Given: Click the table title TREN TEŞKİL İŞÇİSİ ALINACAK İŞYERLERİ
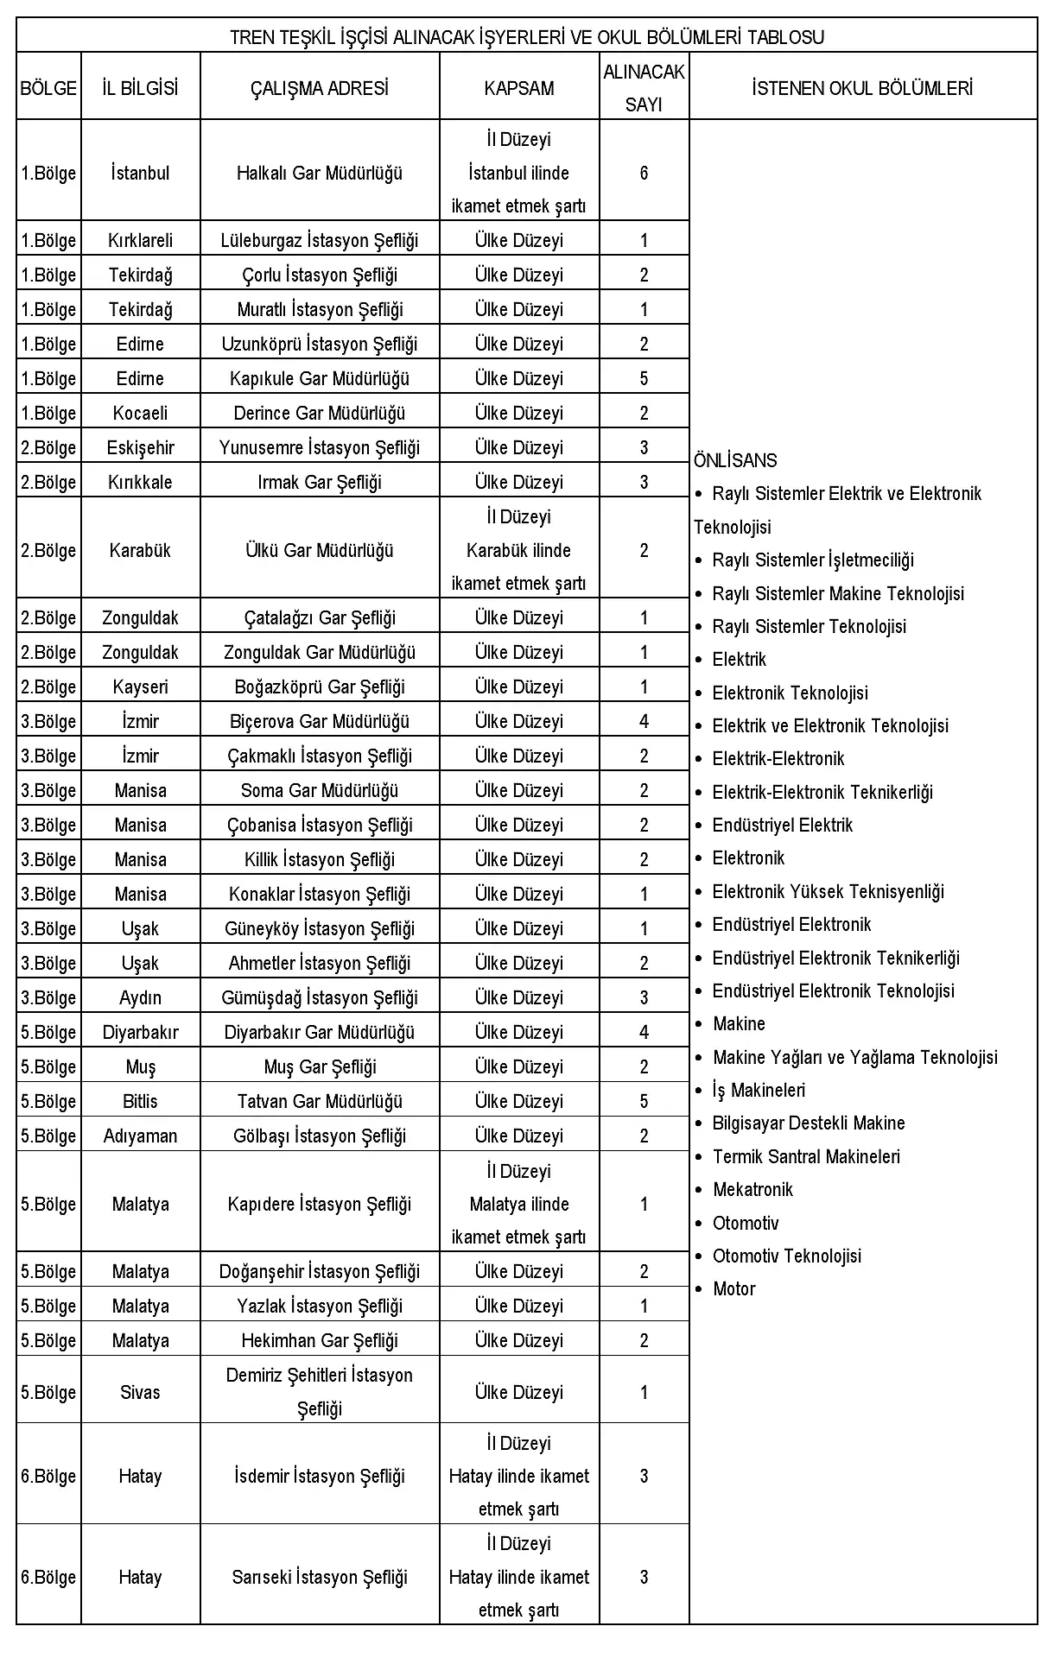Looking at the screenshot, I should click(x=526, y=37).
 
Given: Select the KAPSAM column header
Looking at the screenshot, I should click(x=518, y=88).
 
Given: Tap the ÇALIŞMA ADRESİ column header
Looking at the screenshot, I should click(x=320, y=88).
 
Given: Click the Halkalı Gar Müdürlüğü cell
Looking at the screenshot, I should click(x=320, y=173).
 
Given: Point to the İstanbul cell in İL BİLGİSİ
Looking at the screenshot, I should click(x=140, y=173).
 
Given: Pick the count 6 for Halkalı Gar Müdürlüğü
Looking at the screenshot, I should click(x=644, y=173).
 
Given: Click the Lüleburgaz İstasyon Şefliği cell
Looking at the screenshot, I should click(x=320, y=240).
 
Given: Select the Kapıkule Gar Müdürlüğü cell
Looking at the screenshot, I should click(x=320, y=378).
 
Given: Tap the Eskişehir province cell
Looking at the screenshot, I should click(x=140, y=447).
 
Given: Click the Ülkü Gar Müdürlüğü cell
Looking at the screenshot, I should click(x=320, y=550).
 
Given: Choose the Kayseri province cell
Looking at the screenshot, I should click(x=140, y=687).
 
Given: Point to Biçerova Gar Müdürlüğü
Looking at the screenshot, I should click(x=320, y=721).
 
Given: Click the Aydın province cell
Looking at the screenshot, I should click(x=140, y=997).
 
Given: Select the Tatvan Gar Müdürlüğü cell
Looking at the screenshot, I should click(x=320, y=1101).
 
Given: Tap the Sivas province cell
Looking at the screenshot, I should click(x=140, y=1392).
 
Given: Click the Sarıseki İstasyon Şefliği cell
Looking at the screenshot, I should click(x=320, y=1577).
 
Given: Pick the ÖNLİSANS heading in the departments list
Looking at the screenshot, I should click(x=735, y=460).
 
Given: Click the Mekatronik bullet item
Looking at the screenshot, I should click(x=752, y=1190).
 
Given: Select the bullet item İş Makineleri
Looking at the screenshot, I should click(x=759, y=1091).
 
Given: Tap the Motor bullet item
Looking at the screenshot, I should click(x=733, y=1289).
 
